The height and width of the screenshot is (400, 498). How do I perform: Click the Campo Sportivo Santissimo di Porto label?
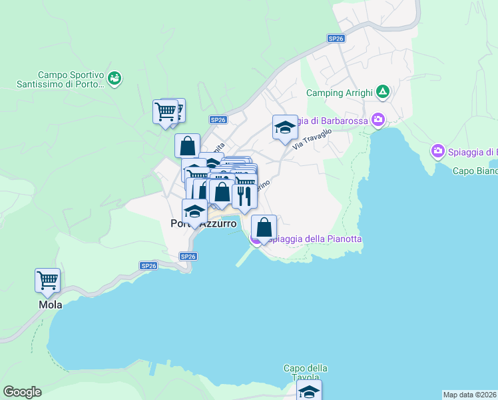pyautogui.click(x=61, y=80)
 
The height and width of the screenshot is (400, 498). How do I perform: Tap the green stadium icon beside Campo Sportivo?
pyautogui.click(x=115, y=79)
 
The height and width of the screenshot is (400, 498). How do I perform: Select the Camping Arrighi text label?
pyautogui.click(x=339, y=93)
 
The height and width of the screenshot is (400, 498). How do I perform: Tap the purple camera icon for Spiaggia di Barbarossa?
pyautogui.click(x=378, y=120)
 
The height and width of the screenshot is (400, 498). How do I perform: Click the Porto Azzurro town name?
pyautogui.click(x=203, y=225)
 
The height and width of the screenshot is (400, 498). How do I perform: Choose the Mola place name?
pyautogui.click(x=50, y=305)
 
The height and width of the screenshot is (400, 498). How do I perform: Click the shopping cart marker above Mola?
pyautogui.click(x=48, y=281)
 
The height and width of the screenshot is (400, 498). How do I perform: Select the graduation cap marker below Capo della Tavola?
pyautogui.click(x=309, y=391)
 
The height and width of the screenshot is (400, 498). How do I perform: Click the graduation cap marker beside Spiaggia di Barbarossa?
pyautogui.click(x=285, y=127)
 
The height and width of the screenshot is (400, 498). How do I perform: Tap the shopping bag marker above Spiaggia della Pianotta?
pyautogui.click(x=264, y=227)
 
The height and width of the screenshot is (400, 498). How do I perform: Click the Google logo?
pyautogui.click(x=22, y=392)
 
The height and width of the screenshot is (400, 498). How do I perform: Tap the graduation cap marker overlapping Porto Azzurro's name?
pyautogui.click(x=194, y=211)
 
